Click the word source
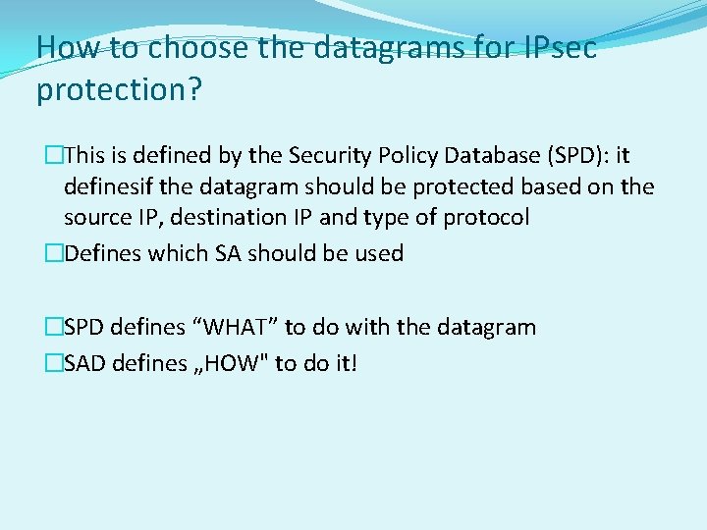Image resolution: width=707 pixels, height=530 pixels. coord(96,217)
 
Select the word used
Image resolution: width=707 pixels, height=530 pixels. coord(380,253)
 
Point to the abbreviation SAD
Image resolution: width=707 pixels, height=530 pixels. coord(84,364)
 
